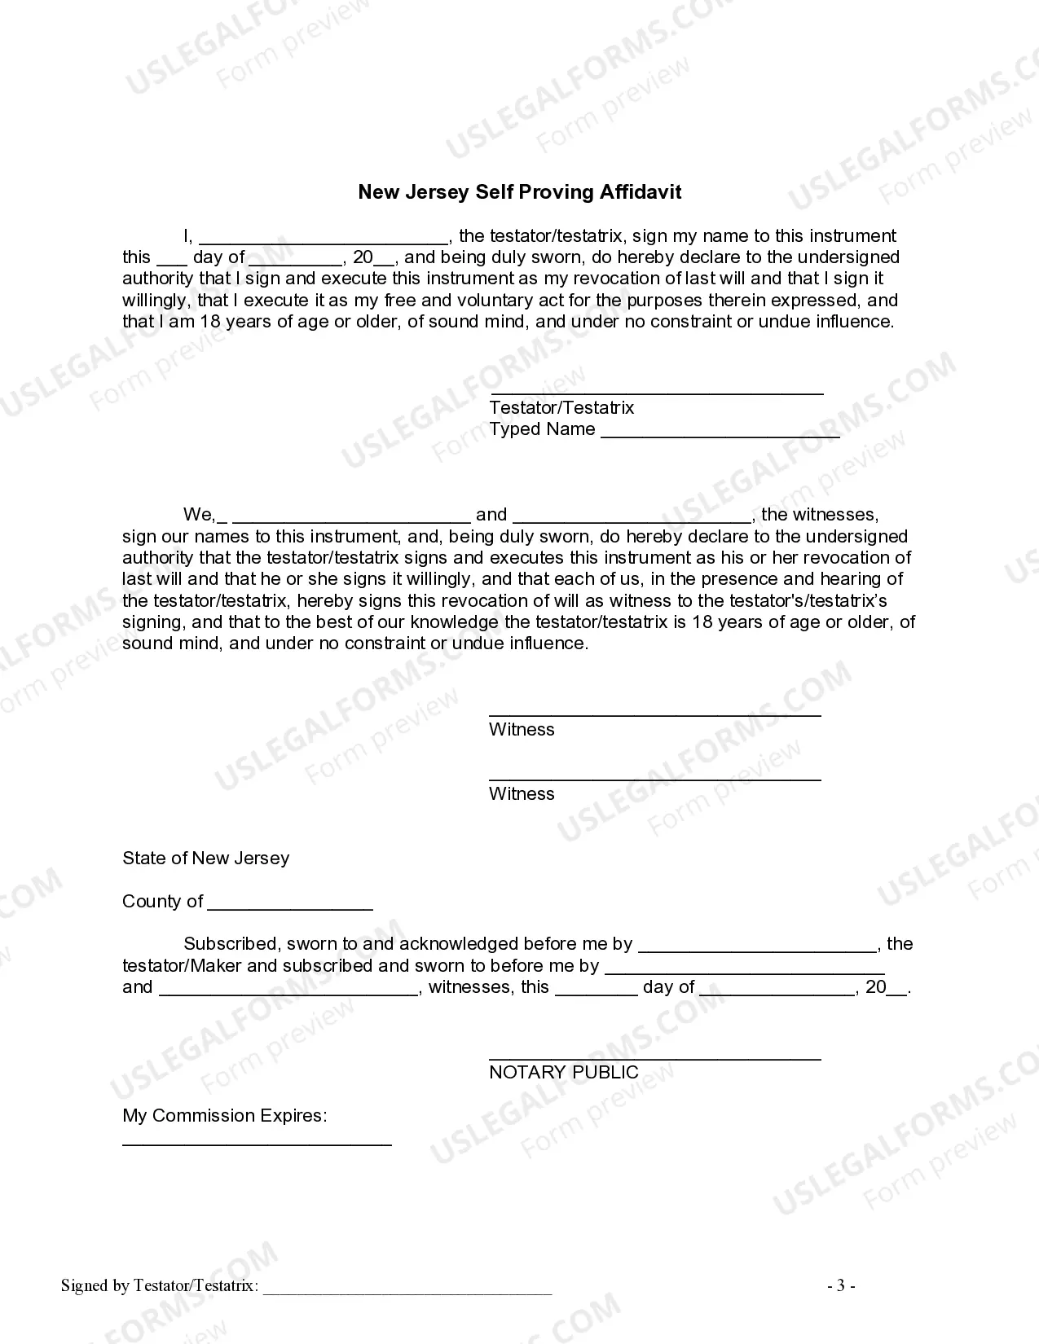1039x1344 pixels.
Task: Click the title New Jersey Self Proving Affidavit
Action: click(519, 192)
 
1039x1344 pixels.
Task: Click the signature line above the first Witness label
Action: click(654, 714)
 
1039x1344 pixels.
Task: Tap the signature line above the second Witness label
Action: click(654, 779)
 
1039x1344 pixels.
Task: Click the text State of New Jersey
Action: click(205, 859)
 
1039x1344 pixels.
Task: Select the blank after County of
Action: click(290, 906)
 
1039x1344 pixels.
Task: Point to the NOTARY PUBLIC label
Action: click(563, 1073)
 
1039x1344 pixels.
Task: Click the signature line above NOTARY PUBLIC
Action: click(654, 1058)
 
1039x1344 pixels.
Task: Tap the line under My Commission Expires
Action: click(257, 1144)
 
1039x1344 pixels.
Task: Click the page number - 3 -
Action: click(841, 1286)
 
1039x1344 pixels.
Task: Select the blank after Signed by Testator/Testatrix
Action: click(407, 1289)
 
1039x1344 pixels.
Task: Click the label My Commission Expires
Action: click(224, 1116)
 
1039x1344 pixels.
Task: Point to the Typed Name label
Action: click(542, 429)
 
